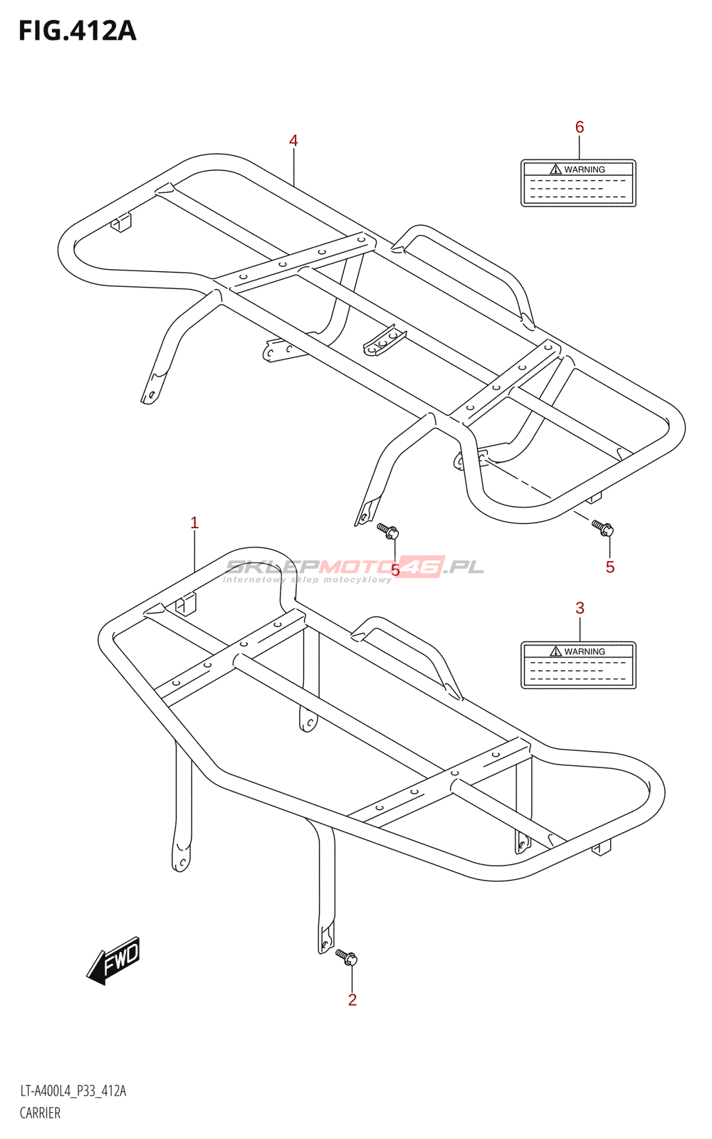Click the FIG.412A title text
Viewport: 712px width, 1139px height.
[x=77, y=31]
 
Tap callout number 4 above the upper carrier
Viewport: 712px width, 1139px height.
[x=293, y=141]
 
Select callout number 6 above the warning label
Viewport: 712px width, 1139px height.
[x=580, y=127]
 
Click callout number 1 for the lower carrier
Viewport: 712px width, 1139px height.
[x=194, y=523]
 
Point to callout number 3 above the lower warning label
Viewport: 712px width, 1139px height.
[x=580, y=608]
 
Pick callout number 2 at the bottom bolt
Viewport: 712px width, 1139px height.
[x=352, y=1000]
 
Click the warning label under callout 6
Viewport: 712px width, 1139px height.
[x=578, y=184]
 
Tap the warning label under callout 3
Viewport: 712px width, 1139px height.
[x=578, y=666]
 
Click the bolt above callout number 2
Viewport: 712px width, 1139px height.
[x=347, y=957]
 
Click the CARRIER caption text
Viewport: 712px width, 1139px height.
[x=40, y=1113]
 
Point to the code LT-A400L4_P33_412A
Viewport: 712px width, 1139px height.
[x=73, y=1091]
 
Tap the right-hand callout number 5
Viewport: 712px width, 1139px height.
[x=610, y=567]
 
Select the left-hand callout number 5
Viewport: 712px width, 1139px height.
[x=396, y=570]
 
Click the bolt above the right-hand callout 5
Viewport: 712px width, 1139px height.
[x=602, y=528]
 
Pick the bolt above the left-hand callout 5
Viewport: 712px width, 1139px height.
[x=388, y=530]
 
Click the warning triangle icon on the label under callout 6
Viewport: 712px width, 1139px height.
[x=556, y=169]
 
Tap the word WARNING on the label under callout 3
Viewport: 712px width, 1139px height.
[x=585, y=651]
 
